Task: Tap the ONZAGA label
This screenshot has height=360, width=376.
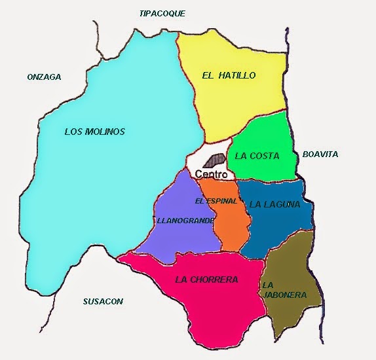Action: click(44, 77)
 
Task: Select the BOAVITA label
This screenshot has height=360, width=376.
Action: click(320, 154)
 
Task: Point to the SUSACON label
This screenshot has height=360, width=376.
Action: click(103, 302)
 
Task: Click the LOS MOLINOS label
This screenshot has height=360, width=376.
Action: click(94, 132)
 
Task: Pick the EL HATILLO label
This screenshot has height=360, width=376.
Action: click(228, 75)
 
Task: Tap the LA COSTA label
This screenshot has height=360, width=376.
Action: click(257, 156)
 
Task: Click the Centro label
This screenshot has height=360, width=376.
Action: click(212, 175)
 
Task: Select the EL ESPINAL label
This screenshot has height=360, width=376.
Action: click(216, 200)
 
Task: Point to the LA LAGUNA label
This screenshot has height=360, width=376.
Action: click(274, 204)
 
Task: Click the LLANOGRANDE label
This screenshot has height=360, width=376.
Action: click(185, 221)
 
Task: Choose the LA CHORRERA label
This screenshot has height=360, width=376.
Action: click(206, 279)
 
